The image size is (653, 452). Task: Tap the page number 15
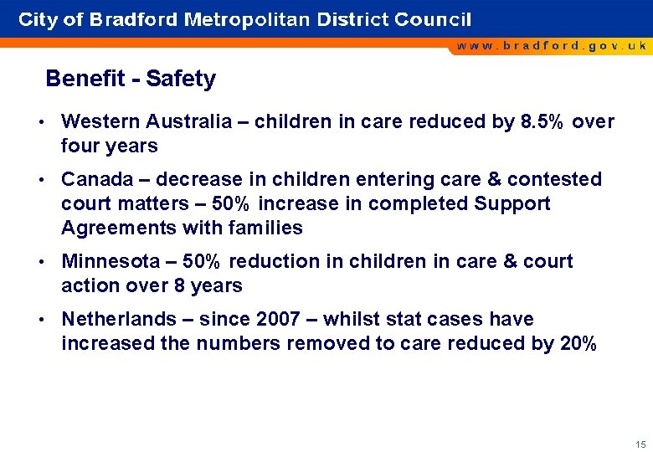point(640,444)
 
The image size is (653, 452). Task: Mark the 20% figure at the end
point(577,343)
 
